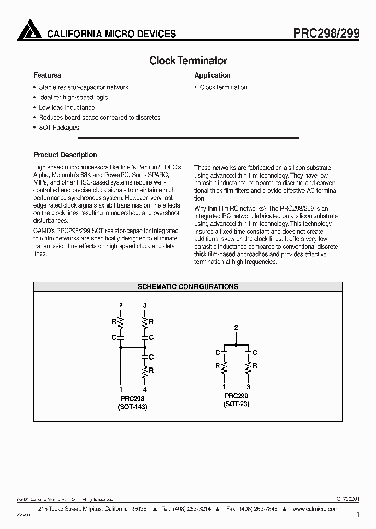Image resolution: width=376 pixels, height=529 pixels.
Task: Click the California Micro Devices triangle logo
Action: [29, 30]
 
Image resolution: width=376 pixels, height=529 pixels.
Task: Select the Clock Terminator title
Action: [188, 61]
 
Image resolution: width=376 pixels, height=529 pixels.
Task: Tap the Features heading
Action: [48, 75]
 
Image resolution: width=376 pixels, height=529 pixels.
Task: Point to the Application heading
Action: [213, 75]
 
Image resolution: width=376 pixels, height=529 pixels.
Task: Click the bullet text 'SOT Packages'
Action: [59, 128]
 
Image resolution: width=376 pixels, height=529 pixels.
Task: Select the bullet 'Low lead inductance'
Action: [67, 108]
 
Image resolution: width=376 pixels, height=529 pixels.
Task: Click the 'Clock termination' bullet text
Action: [224, 88]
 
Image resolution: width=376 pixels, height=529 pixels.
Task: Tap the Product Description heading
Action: [65, 155]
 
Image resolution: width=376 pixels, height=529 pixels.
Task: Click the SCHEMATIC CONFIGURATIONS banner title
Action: [188, 287]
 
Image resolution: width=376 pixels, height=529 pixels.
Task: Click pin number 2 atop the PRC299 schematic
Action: [236, 328]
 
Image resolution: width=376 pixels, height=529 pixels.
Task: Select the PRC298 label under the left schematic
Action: [132, 398]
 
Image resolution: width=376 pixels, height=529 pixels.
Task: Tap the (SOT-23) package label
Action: [236, 404]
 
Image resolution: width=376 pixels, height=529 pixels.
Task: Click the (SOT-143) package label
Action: [132, 407]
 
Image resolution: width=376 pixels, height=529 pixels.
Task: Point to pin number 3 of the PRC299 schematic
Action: [248, 387]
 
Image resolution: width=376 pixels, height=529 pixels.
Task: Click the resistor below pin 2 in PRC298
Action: [121, 321]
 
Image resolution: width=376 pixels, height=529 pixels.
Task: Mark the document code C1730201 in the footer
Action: [345, 500]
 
